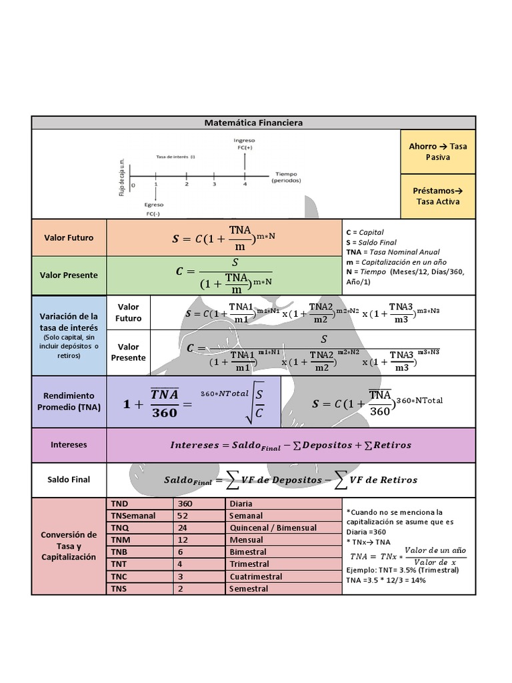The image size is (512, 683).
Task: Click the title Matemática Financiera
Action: tap(253, 123)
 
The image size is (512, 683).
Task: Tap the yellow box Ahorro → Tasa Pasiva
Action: tap(438, 151)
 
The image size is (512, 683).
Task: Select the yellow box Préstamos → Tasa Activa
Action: tap(438, 196)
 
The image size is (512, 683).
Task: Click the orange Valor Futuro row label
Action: tap(69, 237)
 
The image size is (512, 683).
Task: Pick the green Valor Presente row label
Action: tap(69, 275)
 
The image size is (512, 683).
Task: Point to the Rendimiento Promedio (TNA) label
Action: tap(69, 401)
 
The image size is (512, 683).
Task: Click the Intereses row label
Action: tap(69, 444)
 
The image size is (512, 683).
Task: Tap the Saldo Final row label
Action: tap(69, 479)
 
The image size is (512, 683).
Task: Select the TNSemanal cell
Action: tap(139, 516)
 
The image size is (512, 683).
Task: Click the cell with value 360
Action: tap(199, 504)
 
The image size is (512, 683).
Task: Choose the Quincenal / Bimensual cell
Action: tap(283, 528)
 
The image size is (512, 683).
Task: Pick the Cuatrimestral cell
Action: tap(283, 576)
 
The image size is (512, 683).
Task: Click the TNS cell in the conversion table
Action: tap(139, 589)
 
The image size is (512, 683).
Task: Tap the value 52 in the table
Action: tap(199, 516)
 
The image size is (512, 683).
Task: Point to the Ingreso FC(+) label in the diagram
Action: tap(245, 143)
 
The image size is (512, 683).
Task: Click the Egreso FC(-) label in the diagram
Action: tap(155, 209)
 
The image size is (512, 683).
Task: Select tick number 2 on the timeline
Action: tap(187, 183)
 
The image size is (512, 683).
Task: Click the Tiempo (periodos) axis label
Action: tap(287, 177)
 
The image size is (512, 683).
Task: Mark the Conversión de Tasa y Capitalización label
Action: tap(69, 546)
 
